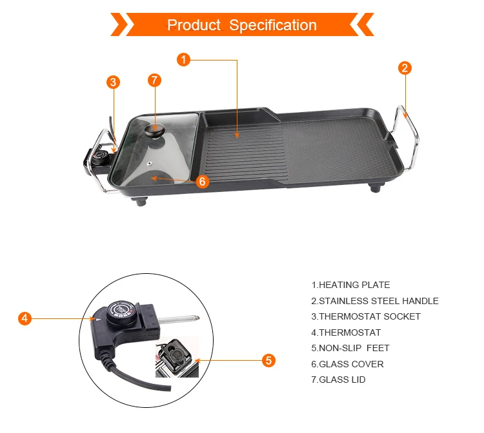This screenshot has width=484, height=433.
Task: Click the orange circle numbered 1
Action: [x=184, y=60]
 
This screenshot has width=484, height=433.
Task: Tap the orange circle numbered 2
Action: [x=405, y=68]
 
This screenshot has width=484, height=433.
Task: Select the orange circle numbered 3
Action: [x=114, y=82]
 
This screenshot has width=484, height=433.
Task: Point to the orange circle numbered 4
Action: [x=24, y=318]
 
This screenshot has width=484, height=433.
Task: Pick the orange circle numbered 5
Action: [x=269, y=361]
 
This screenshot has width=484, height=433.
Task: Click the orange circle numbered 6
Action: [x=202, y=181]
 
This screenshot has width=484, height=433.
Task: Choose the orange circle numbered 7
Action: [x=154, y=81]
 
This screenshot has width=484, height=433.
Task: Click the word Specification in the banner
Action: [x=273, y=25]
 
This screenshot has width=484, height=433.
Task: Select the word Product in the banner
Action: [x=194, y=25]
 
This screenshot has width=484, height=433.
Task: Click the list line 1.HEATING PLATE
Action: [x=350, y=285]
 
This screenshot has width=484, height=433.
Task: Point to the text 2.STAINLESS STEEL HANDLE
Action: [x=375, y=301]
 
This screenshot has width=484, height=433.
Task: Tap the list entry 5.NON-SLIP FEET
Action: [x=350, y=348]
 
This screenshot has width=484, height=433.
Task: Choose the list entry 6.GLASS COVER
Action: [x=347, y=364]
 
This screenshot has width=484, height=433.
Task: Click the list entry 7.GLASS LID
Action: [x=338, y=380]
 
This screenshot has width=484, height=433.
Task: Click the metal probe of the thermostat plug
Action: [x=180, y=318]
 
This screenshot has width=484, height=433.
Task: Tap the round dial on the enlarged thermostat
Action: [x=122, y=313]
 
